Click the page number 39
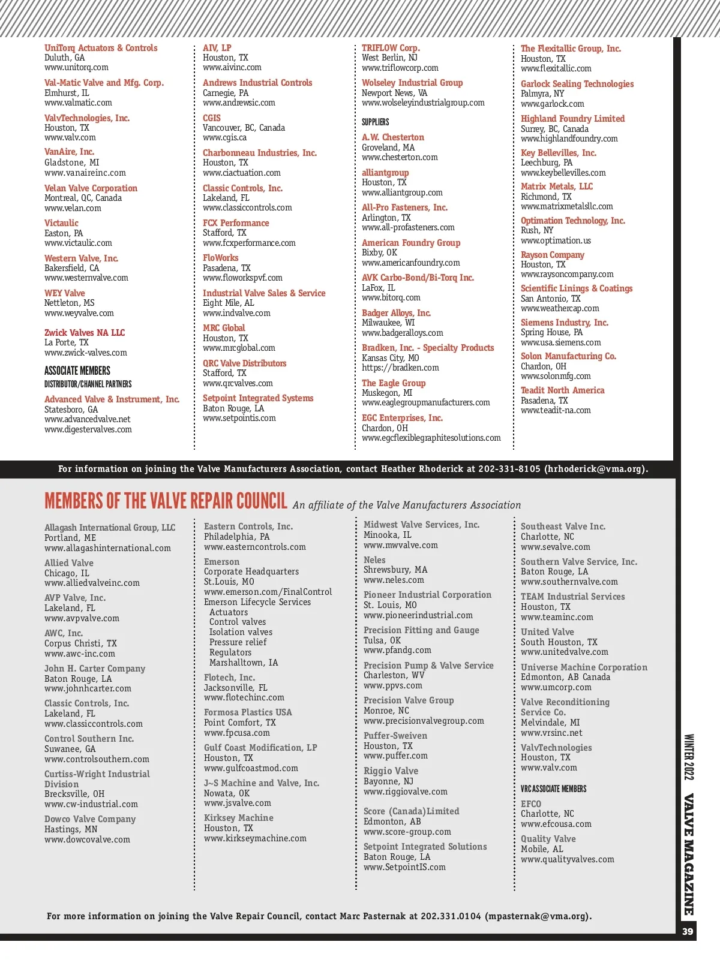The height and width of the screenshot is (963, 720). pos(688,931)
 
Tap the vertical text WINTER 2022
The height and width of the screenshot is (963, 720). pos(689,757)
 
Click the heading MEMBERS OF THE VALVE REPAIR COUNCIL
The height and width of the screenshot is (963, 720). pos(166,501)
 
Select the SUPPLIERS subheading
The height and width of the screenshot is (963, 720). pos(375,122)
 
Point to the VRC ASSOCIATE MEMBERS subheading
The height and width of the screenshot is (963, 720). pos(553,789)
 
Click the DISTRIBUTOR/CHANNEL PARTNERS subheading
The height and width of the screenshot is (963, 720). pos(88,384)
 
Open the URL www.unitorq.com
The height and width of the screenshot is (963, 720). pos(76,68)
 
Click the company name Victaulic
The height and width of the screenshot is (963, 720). pos(61,223)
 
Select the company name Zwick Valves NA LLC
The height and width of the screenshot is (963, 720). pos(85,333)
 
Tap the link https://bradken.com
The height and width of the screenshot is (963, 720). pos(400,368)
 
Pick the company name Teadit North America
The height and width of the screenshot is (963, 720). pos(562,390)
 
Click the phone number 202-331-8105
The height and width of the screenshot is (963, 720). pos(509,469)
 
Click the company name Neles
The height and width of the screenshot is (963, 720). pos(374,560)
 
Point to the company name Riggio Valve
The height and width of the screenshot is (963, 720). pos(391,771)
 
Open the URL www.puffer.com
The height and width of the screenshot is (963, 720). pos(395,756)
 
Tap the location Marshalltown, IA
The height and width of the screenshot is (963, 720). pos(244,663)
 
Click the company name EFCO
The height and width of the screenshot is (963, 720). pos(531,804)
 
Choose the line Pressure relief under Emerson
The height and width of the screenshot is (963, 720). pos(238,642)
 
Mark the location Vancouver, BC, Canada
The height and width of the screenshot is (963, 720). pos(244,128)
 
